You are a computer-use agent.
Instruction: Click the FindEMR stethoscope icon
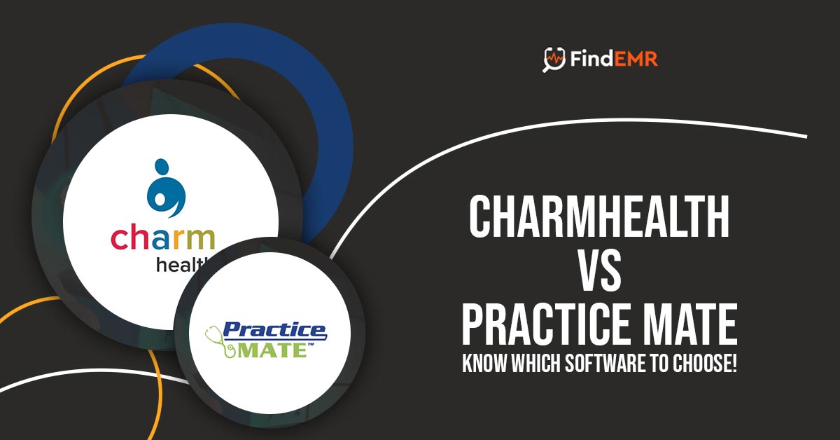(554, 60)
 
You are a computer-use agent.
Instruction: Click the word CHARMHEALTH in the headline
(599, 216)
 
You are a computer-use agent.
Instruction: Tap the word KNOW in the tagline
(484, 363)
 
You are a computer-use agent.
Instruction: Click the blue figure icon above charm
(166, 188)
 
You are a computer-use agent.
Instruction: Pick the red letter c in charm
(118, 239)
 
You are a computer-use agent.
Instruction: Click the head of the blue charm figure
(161, 165)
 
